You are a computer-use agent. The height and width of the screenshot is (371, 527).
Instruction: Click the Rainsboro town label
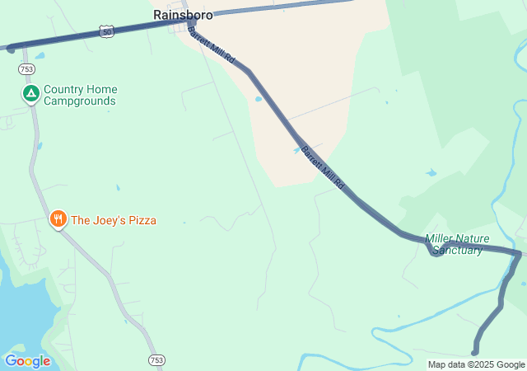point(183,15)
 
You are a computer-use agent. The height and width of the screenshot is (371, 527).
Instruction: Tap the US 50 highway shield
point(105,31)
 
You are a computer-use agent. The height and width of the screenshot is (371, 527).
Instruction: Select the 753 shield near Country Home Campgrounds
point(27,69)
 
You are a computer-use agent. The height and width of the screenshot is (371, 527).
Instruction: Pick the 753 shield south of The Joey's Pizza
point(157,359)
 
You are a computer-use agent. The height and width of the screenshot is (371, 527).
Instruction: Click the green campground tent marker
point(30,94)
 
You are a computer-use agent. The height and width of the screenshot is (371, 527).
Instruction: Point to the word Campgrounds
point(80,101)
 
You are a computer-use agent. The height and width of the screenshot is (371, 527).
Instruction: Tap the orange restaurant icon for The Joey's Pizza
point(58,219)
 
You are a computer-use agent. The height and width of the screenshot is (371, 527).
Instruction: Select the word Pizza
point(141,220)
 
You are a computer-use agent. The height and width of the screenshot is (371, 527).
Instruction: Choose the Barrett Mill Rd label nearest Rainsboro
point(212,45)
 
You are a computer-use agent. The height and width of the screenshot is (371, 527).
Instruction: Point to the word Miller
point(440,239)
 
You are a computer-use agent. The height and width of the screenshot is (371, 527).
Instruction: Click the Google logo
point(27,361)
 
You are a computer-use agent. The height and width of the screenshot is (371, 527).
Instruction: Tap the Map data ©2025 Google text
point(476,364)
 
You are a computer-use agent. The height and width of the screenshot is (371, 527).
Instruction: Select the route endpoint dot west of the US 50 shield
point(11,49)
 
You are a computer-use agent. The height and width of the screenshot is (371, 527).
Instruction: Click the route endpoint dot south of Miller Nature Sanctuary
point(475,352)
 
